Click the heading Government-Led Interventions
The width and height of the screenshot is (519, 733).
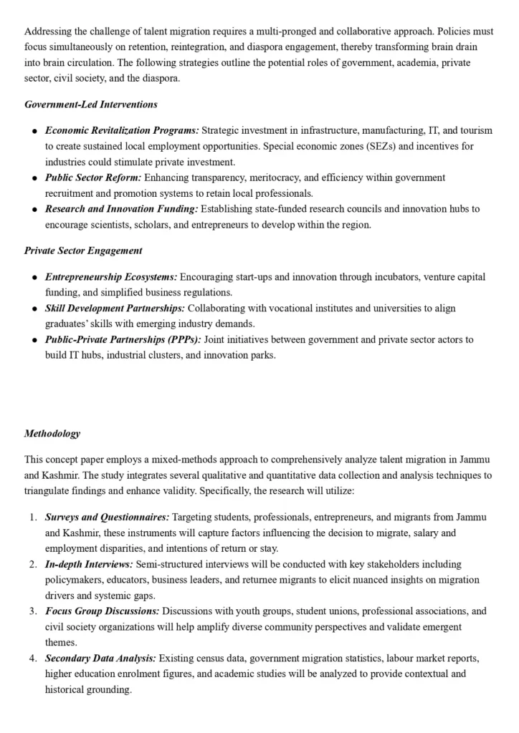(x=91, y=105)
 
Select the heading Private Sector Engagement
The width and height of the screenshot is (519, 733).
(x=83, y=251)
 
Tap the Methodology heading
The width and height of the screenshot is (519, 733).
(x=52, y=433)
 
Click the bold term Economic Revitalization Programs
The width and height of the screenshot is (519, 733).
(x=122, y=130)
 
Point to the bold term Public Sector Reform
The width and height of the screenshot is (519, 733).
(x=94, y=177)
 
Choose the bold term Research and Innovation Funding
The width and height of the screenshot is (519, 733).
(x=121, y=208)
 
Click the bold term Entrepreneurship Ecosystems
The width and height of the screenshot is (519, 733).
(x=111, y=276)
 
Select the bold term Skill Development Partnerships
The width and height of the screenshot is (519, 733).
(x=115, y=308)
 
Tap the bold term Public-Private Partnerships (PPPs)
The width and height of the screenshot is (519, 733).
(x=123, y=339)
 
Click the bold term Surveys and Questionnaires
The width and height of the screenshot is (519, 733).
(x=108, y=517)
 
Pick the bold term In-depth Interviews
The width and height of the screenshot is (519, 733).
(x=89, y=564)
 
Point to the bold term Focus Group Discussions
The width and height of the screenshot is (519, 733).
(x=103, y=611)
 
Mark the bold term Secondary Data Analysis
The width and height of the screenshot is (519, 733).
(x=100, y=658)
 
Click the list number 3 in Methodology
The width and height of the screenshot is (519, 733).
(x=33, y=611)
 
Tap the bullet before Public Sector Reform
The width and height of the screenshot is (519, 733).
(x=34, y=178)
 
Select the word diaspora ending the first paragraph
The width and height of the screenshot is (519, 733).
(x=161, y=78)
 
